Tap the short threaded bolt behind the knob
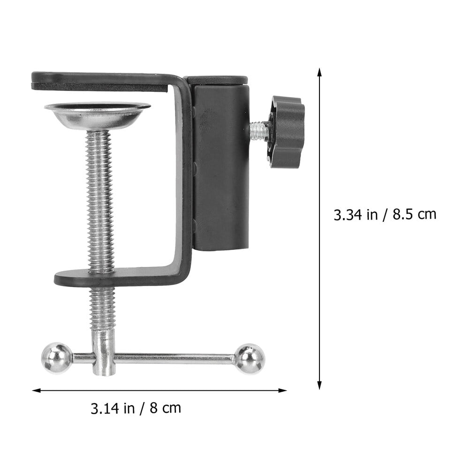[259, 131]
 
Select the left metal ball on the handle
[57, 358]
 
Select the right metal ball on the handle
[249, 359]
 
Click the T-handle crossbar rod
[174, 359]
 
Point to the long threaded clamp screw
[100, 197]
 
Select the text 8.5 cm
[415, 214]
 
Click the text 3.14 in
[113, 408]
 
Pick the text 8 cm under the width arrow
[166, 408]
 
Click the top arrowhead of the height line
[319, 72]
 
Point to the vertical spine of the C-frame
[184, 178]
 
